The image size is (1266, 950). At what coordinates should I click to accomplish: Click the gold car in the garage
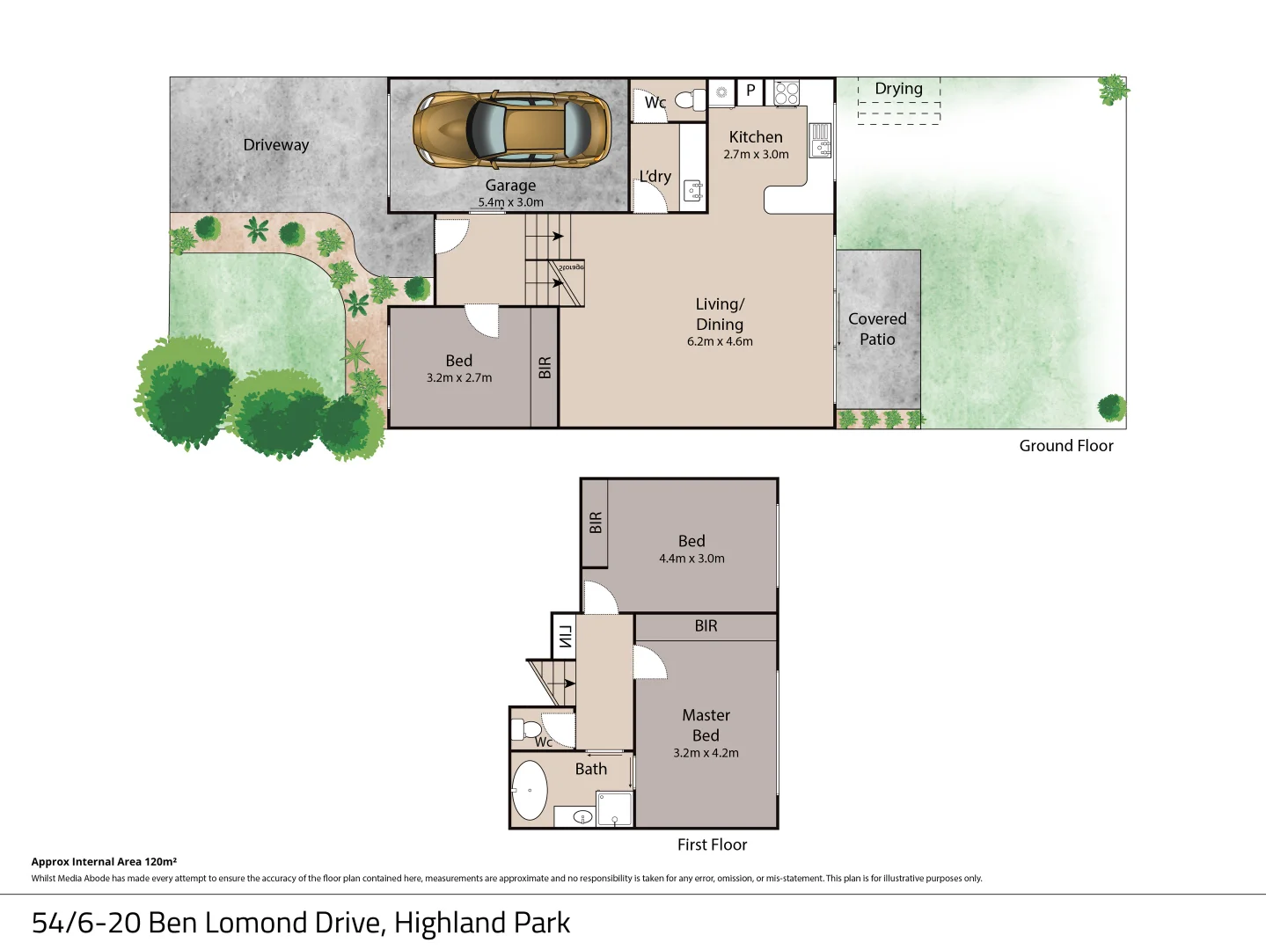(x=512, y=129)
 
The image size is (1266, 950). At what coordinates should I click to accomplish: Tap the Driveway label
(x=276, y=145)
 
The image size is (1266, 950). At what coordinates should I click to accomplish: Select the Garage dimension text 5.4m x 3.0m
(x=511, y=202)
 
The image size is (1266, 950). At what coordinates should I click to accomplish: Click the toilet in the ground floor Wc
(x=692, y=99)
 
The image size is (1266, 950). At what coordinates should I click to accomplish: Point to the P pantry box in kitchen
(x=750, y=91)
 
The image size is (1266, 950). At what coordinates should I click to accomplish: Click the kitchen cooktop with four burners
(x=787, y=92)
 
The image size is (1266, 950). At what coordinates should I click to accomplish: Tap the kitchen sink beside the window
(x=820, y=138)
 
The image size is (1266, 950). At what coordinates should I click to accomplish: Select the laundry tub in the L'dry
(x=693, y=191)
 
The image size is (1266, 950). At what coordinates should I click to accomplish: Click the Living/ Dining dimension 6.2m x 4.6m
(x=720, y=341)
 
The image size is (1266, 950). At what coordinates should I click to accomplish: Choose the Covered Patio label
(x=877, y=329)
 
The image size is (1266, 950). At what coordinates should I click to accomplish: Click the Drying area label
(x=898, y=89)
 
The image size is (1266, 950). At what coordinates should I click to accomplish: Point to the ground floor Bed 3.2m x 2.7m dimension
(x=459, y=378)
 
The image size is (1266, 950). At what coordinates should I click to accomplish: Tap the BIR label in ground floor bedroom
(x=545, y=368)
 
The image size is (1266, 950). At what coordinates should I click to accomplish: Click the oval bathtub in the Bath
(x=530, y=790)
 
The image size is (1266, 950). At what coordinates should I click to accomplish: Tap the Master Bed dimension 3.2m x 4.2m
(x=706, y=753)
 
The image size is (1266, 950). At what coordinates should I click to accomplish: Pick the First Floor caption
(x=712, y=844)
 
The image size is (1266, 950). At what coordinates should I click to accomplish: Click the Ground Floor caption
(x=1065, y=446)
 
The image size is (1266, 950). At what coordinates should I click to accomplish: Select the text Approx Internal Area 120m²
(x=104, y=862)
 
